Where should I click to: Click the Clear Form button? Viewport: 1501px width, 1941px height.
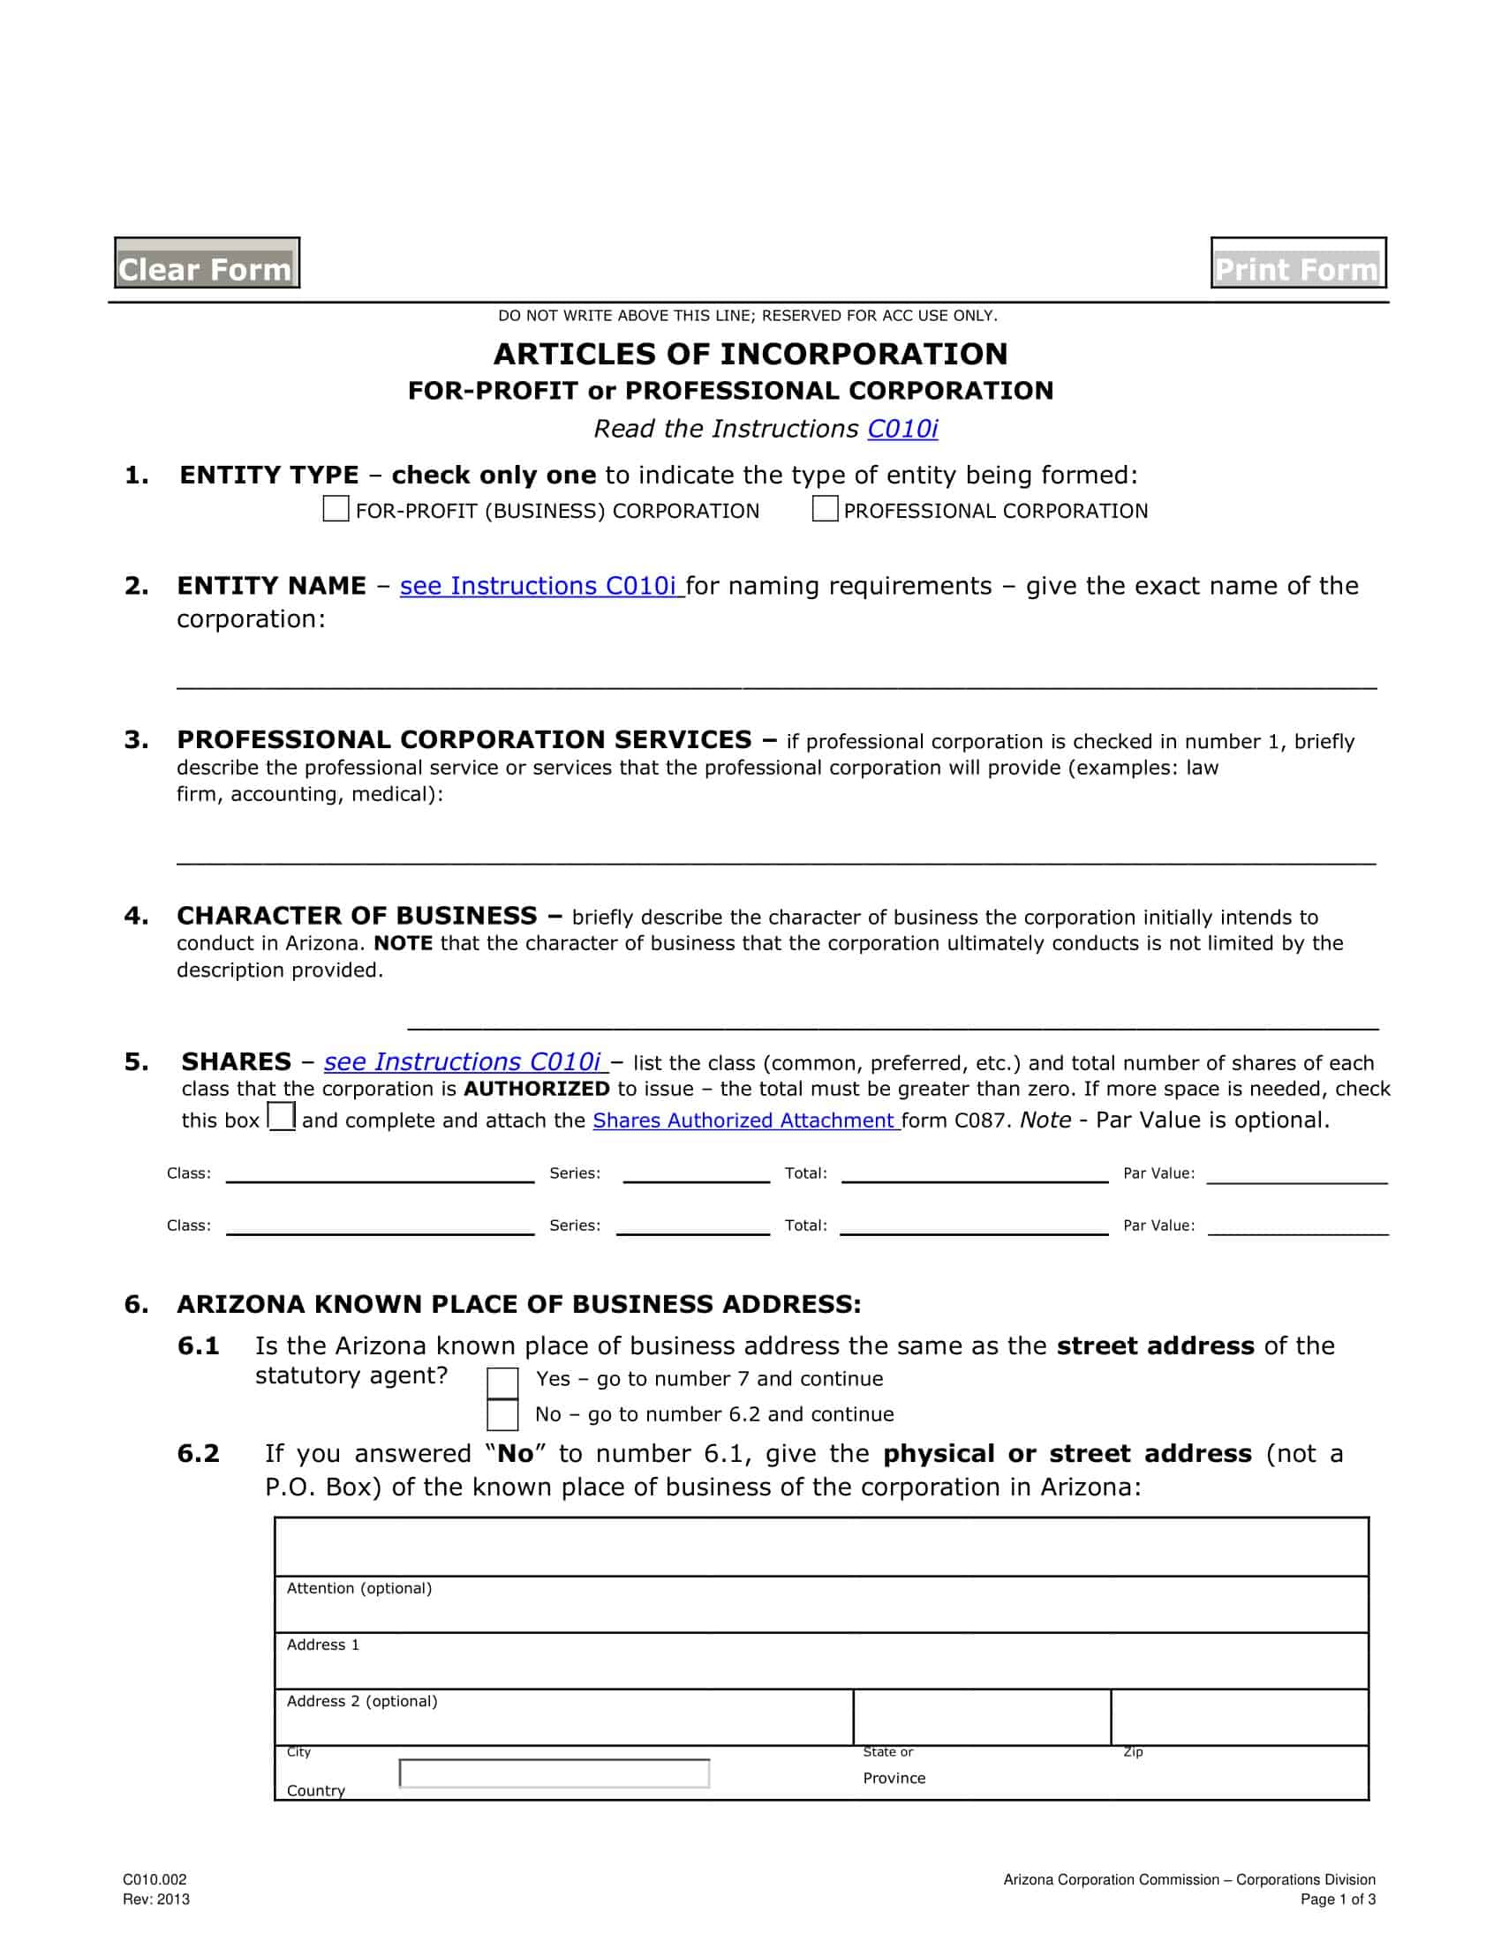pos(207,263)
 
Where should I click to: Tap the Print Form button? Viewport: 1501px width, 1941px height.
pos(1297,263)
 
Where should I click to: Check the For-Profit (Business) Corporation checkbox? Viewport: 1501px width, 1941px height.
pos(336,509)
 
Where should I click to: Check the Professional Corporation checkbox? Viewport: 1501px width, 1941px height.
pos(825,509)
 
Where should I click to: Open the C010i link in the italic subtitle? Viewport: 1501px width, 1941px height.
pos(902,430)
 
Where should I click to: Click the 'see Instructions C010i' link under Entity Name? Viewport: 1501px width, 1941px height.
pos(539,587)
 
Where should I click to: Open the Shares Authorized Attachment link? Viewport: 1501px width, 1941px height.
pos(744,1120)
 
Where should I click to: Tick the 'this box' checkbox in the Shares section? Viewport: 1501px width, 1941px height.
pos(282,1116)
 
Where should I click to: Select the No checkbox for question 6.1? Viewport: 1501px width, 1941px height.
pos(502,1415)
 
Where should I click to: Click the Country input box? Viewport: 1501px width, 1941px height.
pos(554,1773)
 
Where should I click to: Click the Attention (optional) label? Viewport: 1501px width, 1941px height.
pos(359,1588)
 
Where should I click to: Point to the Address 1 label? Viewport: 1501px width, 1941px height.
pos(323,1645)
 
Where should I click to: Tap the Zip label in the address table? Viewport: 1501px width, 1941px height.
pos(1133,1751)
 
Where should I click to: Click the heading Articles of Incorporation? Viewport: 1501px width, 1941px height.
pos(750,354)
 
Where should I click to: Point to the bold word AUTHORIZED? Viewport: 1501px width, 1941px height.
pos(536,1090)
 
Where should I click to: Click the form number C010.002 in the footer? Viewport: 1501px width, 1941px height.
pos(155,1879)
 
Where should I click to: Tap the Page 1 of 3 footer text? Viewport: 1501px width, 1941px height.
pos(1338,1900)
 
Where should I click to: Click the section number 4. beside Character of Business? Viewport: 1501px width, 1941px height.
pos(136,917)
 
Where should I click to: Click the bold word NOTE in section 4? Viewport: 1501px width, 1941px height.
pos(403,944)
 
